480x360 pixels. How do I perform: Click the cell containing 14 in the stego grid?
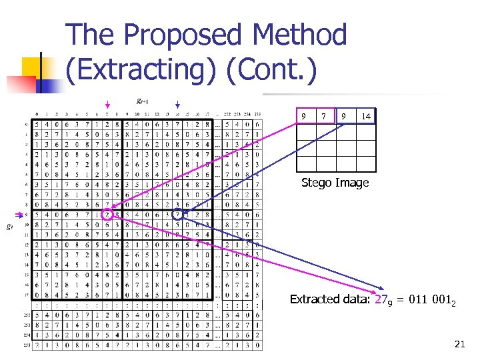366,117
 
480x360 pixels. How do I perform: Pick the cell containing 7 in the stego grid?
325,117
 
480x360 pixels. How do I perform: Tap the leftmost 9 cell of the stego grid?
305,117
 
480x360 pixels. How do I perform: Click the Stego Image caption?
335,183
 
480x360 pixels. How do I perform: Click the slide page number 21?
459,344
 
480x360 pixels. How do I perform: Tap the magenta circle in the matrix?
107,215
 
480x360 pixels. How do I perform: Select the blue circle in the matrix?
177,215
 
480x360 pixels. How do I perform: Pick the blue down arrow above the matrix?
177,105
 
